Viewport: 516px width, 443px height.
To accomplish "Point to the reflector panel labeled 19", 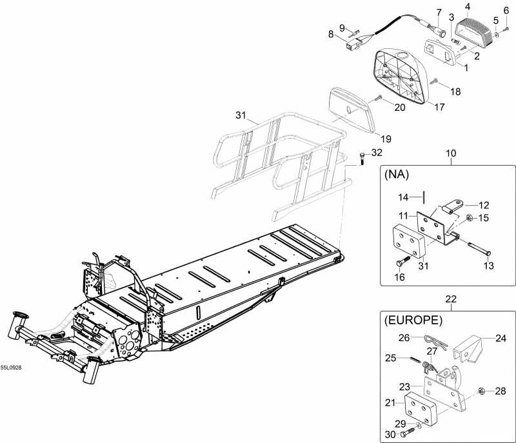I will click(352, 109).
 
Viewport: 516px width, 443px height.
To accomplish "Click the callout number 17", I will click(439, 107).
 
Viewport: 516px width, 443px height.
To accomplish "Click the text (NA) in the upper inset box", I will click(399, 174).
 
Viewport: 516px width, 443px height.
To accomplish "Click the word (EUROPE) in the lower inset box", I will click(413, 320).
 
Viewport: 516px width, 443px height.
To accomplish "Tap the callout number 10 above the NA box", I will click(450, 153).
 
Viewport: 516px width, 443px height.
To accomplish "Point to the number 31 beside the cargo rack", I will click(241, 115).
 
